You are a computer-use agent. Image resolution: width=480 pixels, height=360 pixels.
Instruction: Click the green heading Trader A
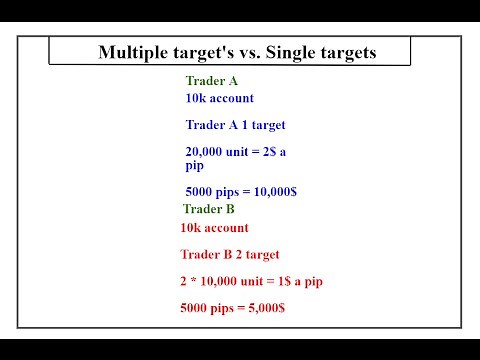click(x=212, y=80)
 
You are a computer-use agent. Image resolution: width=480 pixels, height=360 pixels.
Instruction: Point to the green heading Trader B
click(x=209, y=209)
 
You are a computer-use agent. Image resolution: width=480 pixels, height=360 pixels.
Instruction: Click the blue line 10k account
click(x=219, y=98)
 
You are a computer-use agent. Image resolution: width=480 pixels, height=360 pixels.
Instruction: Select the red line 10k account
click(x=214, y=228)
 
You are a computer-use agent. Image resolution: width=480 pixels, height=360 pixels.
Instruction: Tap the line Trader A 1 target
click(x=235, y=125)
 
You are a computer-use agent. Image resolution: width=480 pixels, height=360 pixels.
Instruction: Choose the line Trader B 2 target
click(x=229, y=255)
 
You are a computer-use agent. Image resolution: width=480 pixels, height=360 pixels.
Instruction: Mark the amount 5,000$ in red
click(x=261, y=307)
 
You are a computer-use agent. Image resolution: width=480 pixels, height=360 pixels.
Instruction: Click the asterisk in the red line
click(x=196, y=281)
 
